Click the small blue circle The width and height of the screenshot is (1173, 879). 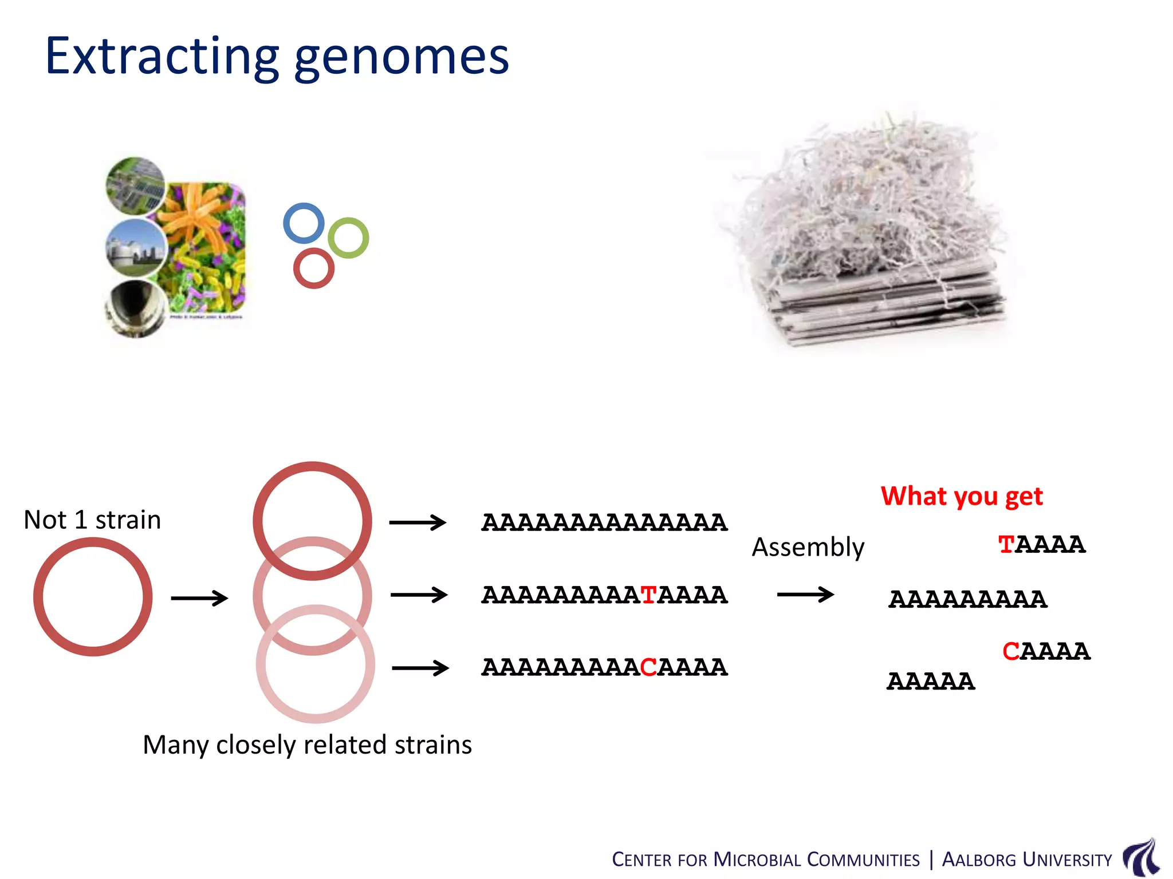pyautogui.click(x=304, y=223)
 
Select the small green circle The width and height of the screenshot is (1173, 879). pyautogui.click(x=348, y=238)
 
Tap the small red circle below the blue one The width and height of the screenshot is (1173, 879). pyautogui.click(x=313, y=268)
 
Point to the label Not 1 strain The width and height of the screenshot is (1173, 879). pyautogui.click(x=92, y=520)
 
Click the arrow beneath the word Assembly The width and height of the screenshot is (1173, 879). pyautogui.click(x=805, y=595)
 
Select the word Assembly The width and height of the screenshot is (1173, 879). pyautogui.click(x=808, y=547)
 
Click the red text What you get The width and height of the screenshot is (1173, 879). pyautogui.click(x=961, y=496)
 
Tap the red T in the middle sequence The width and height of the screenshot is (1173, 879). pyautogui.click(x=648, y=595)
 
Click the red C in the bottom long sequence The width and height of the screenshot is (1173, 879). pyautogui.click(x=648, y=667)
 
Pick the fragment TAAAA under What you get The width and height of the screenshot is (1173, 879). pyautogui.click(x=1041, y=545)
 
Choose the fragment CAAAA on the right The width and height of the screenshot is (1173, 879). pyautogui.click(x=1046, y=652)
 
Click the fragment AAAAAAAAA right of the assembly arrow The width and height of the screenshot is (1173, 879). pyautogui.click(x=967, y=600)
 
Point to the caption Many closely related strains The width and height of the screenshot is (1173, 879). pyautogui.click(x=307, y=745)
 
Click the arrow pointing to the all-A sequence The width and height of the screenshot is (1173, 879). pyautogui.click(x=418, y=522)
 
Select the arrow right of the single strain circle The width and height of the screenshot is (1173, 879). pyautogui.click(x=199, y=599)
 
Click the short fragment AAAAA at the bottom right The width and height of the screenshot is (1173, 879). pyautogui.click(x=931, y=682)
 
